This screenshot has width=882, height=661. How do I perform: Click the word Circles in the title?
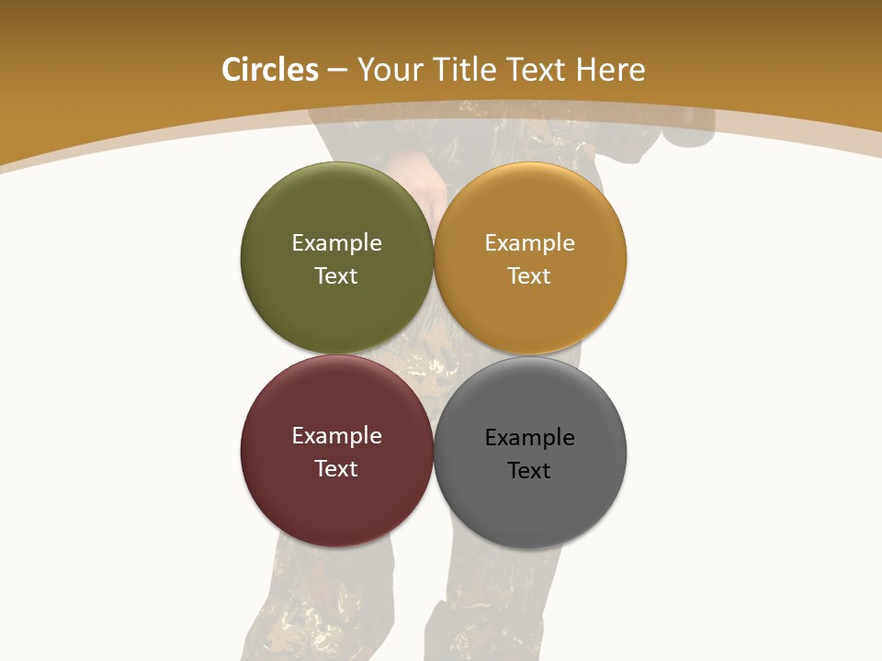click(x=269, y=70)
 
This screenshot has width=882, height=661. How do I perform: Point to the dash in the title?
click(x=337, y=71)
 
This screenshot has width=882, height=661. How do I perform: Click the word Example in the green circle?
click(x=336, y=242)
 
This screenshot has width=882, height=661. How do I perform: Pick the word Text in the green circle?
click(x=336, y=275)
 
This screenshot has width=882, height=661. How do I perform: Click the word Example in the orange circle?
click(x=529, y=242)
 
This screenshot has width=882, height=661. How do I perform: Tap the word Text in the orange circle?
click(x=529, y=275)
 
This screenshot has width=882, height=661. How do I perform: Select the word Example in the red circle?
click(x=336, y=435)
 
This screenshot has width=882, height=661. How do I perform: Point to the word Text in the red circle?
click(x=336, y=468)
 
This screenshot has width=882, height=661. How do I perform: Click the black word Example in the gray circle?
click(x=529, y=437)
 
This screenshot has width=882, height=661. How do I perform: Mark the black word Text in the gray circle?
click(x=529, y=470)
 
